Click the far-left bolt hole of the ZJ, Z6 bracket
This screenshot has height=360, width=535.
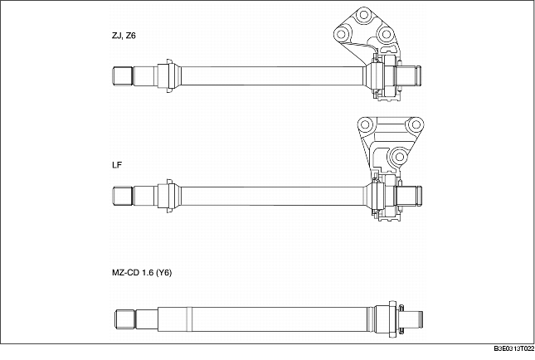coord(339,33)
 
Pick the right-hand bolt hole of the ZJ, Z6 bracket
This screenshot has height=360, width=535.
coord(385,35)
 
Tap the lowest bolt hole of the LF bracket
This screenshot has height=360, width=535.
coord(396,154)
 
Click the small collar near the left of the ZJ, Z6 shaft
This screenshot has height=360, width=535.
coord(168,75)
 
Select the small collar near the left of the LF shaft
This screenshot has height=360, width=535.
coord(168,197)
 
